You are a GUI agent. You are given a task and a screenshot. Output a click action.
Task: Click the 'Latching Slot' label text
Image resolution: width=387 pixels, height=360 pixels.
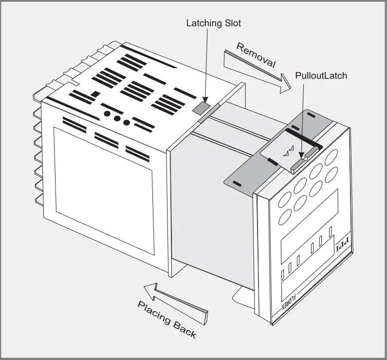pos(214,23)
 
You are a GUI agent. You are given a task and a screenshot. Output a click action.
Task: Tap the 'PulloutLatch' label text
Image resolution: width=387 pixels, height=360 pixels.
pos(321,76)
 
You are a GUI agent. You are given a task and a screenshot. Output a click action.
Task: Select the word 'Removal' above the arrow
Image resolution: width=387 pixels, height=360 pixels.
pos(256,55)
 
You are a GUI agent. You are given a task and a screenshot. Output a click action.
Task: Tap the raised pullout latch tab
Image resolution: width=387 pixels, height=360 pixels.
pos(297,164)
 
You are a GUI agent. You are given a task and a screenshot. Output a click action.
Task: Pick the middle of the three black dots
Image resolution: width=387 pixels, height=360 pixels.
pos(117,118)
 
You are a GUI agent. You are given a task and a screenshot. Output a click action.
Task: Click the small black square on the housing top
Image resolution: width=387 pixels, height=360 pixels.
pos(96,93)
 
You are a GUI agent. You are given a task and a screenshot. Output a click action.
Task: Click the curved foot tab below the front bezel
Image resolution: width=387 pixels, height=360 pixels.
pos(243,294)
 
